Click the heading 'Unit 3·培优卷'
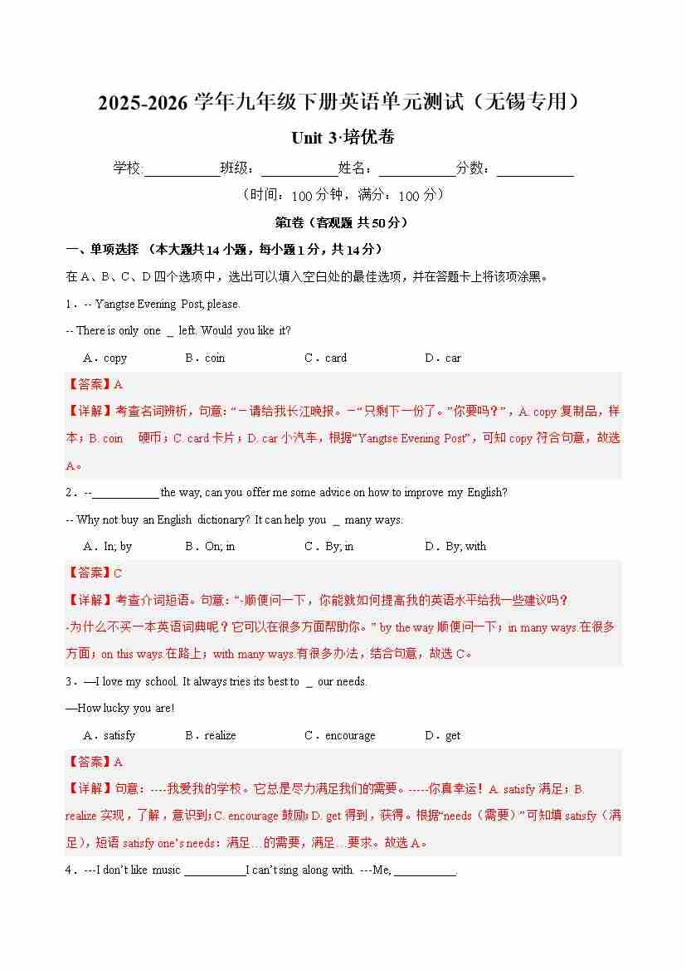(343, 138)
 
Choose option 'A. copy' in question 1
(105, 358)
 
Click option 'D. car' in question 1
(443, 358)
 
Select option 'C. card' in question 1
(325, 358)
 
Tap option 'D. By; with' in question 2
(455, 547)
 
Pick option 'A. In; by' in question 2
(108, 547)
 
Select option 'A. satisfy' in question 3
(109, 736)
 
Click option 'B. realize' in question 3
(211, 736)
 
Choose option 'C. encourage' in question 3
(340, 736)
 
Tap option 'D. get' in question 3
(443, 736)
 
